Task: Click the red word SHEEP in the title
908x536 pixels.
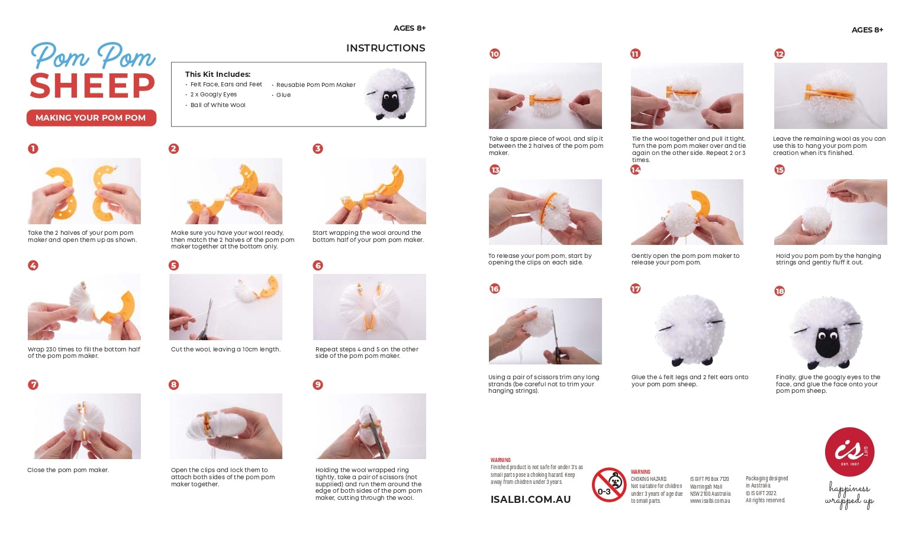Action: (92, 86)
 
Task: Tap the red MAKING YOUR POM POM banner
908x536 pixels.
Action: (91, 118)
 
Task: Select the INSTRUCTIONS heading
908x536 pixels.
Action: (385, 49)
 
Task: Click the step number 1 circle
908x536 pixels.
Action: (33, 148)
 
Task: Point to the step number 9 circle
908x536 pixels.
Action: (318, 385)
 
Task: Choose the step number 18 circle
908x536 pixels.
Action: (780, 291)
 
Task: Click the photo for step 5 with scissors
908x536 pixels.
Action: (226, 307)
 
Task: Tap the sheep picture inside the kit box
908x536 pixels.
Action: (390, 94)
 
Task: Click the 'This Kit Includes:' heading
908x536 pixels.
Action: (217, 75)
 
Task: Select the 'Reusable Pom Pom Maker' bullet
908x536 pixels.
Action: (315, 85)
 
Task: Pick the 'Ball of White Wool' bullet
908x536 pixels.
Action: (217, 105)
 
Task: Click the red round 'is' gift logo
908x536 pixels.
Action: (849, 452)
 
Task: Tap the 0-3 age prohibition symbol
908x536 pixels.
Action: (609, 485)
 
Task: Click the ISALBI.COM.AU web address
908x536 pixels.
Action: (530, 499)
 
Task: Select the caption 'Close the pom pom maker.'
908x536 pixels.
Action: (68, 470)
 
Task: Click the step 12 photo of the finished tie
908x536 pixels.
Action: (830, 96)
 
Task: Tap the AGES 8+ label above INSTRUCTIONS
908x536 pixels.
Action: (409, 28)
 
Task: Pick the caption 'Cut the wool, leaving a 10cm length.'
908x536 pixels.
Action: (226, 350)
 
